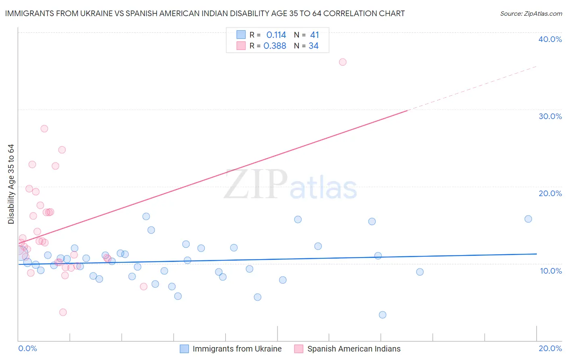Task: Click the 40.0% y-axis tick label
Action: tap(550, 39)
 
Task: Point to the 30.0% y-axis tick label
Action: tap(550, 116)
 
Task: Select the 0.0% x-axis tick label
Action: tap(27, 348)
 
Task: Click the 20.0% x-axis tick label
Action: tap(550, 348)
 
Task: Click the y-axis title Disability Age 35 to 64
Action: tap(11, 184)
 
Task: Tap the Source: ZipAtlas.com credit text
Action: tap(531, 14)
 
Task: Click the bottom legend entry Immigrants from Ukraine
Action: tap(237, 349)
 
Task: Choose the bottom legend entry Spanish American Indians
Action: tap(354, 349)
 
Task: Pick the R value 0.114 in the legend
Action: tap(276, 35)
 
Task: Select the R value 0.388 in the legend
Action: tap(275, 46)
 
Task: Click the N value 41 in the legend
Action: tap(315, 35)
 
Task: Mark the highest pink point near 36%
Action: tap(343, 62)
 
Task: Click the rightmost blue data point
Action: tap(528, 219)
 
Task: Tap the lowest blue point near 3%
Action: tap(383, 315)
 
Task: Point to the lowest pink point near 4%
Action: tap(63, 312)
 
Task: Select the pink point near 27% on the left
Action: tap(44, 129)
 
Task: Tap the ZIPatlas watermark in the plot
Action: tap(290, 185)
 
